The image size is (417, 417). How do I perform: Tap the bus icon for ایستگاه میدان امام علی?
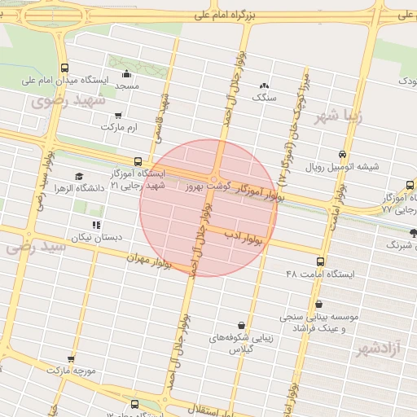[x=64, y=68]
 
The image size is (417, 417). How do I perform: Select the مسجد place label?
[x=127, y=86]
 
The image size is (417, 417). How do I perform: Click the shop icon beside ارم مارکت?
[x=119, y=116]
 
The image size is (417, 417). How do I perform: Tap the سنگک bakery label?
[x=264, y=97]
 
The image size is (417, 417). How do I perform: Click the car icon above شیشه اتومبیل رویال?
[x=341, y=154]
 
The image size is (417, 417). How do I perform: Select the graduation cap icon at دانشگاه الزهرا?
[x=79, y=176]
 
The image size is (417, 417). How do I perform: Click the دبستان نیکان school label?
[x=97, y=237]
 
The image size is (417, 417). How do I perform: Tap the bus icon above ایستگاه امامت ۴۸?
[x=320, y=262]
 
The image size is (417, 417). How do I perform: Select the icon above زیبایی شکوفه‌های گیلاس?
[x=239, y=324]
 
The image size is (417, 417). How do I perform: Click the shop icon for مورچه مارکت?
[x=71, y=358]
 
